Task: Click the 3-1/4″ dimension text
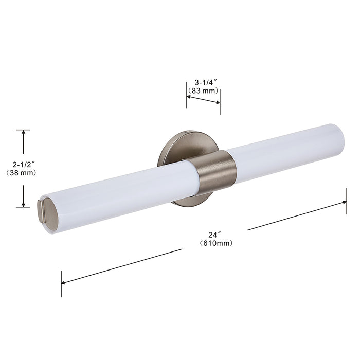(206, 82)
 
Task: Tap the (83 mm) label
(203, 91)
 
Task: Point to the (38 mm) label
(21, 173)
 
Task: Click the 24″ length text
(214, 235)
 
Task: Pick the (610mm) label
(216, 243)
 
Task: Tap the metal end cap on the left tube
(48, 211)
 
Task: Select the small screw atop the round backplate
(187, 132)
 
